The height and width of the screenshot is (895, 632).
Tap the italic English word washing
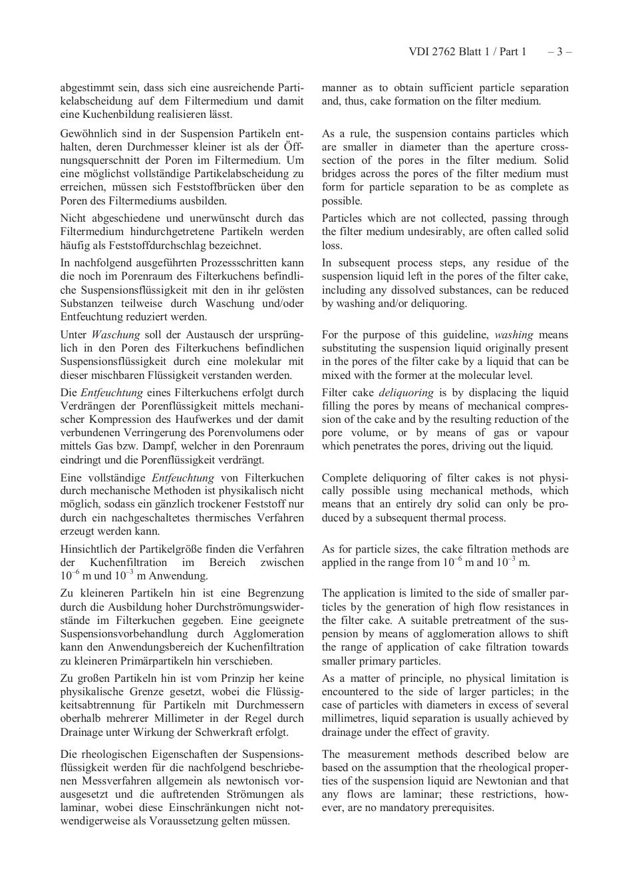[x=514, y=335]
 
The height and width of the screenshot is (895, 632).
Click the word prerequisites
[x=461, y=808]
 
